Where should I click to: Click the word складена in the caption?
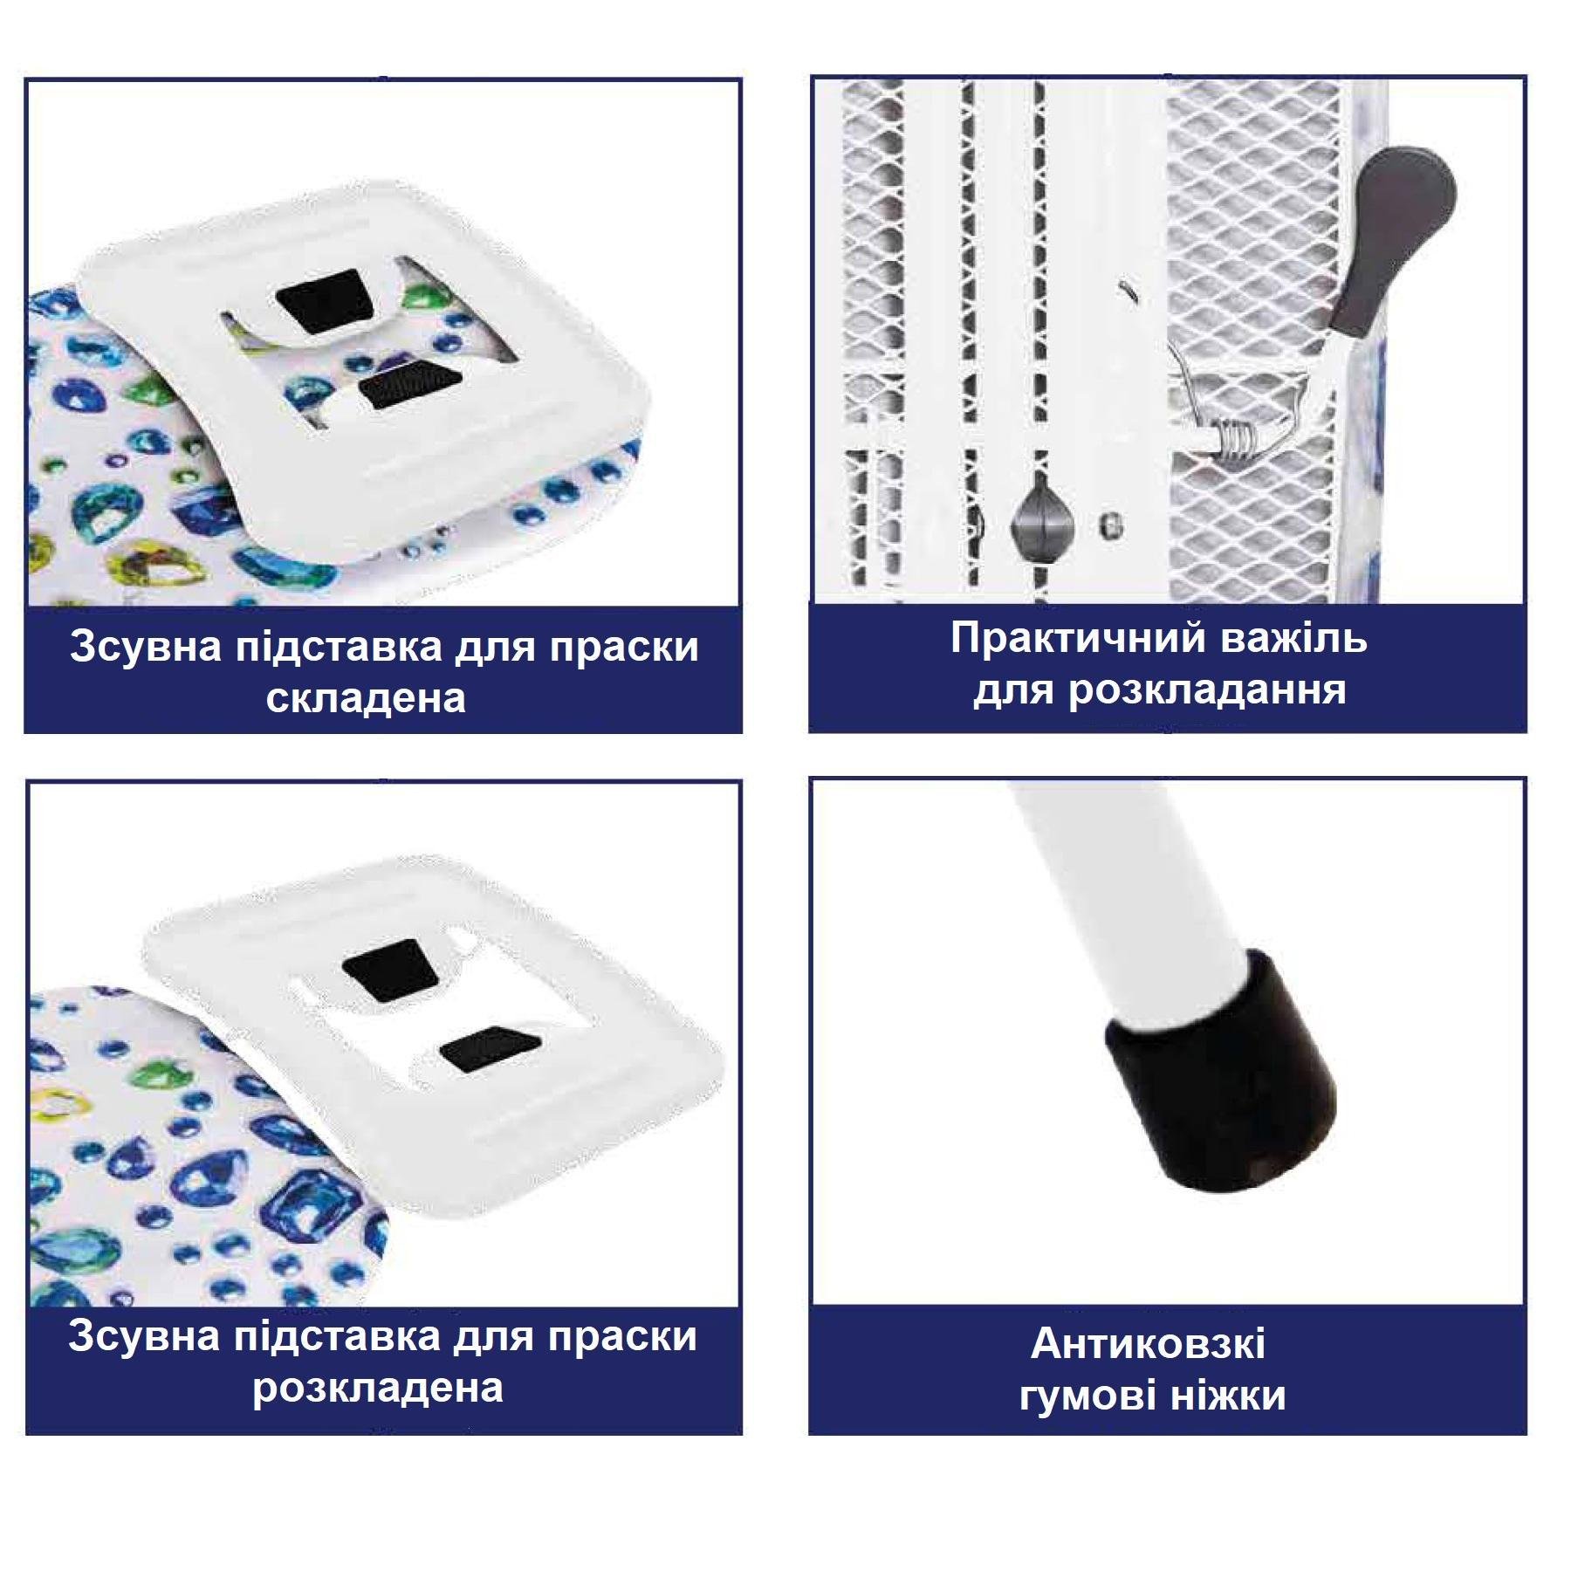(366, 699)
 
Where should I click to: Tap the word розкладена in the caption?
(378, 1389)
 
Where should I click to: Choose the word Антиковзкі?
(1149, 1345)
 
